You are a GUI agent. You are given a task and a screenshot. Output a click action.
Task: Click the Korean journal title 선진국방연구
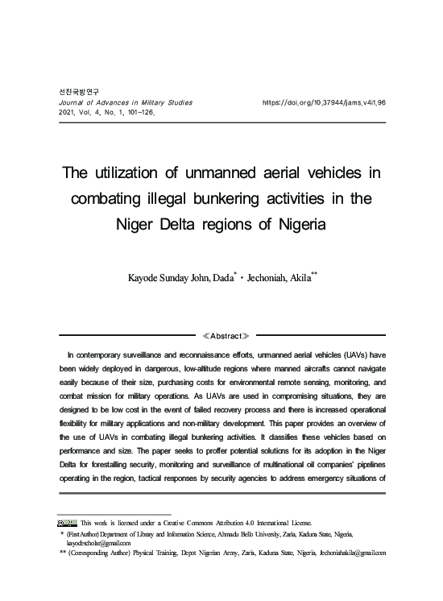pos(76,93)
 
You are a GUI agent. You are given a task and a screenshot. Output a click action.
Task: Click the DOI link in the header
pos(324,103)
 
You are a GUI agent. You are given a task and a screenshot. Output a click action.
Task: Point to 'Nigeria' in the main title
pos(291,224)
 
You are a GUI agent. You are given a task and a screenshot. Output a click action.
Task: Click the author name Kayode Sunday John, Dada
pos(180,278)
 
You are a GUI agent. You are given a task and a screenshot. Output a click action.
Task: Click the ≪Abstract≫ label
pos(221,335)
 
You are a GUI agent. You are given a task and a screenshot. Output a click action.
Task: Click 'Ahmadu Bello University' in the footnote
pos(249,534)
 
